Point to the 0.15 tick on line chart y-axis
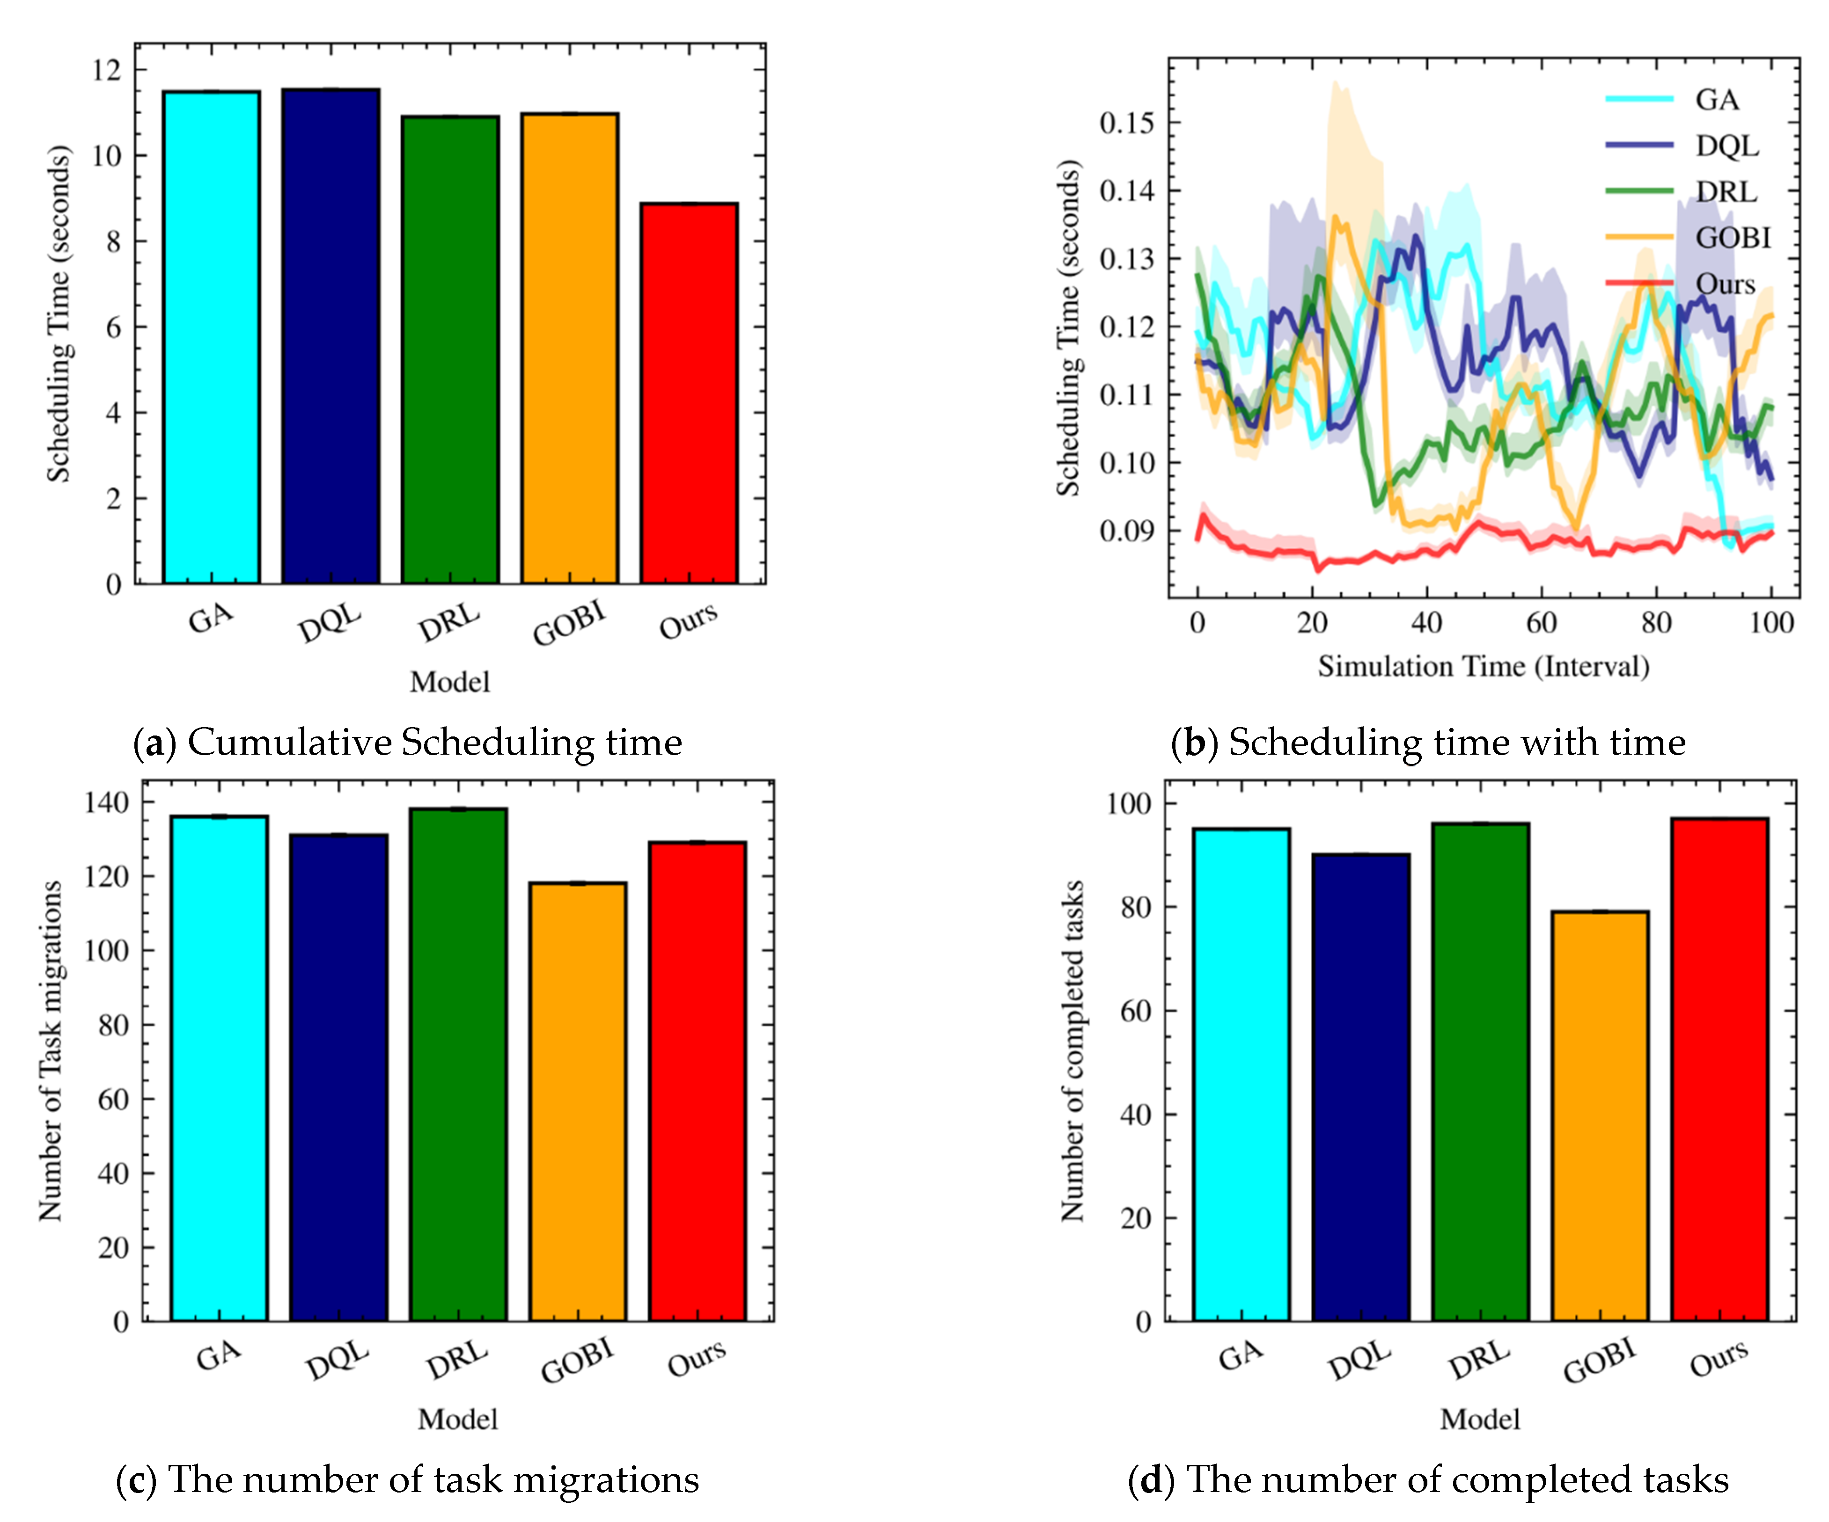coord(1126,123)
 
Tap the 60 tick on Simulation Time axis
coord(1541,623)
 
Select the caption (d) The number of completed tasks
coord(1428,1479)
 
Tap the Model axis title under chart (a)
coord(449,682)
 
